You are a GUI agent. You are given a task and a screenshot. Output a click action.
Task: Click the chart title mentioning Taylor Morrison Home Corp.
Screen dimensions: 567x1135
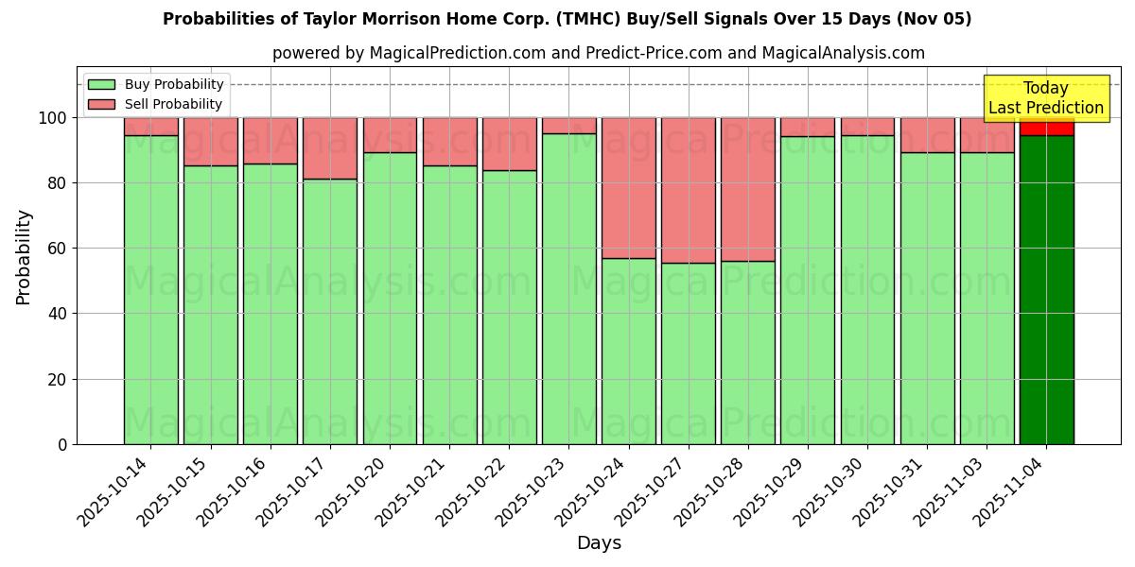[567, 19]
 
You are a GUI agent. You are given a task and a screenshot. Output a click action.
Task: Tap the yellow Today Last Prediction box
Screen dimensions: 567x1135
[1045, 98]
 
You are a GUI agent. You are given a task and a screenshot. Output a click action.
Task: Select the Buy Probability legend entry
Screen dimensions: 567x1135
[155, 84]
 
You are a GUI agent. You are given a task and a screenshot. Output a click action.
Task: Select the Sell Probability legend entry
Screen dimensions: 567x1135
[155, 104]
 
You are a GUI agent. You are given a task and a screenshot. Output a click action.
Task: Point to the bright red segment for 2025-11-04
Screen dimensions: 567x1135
[1046, 127]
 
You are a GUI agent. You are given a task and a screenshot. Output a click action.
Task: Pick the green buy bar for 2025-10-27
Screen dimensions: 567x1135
[688, 353]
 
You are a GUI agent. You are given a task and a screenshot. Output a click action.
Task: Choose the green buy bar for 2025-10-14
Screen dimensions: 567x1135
[150, 289]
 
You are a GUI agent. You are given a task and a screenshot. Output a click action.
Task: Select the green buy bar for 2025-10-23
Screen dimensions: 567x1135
[568, 288]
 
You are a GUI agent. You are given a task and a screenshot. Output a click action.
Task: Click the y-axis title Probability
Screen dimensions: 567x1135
[24, 256]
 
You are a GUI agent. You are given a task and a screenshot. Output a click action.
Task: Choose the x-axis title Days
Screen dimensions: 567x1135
[599, 543]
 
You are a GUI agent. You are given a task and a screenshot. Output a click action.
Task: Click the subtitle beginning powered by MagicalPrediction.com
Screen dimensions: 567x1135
[598, 53]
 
